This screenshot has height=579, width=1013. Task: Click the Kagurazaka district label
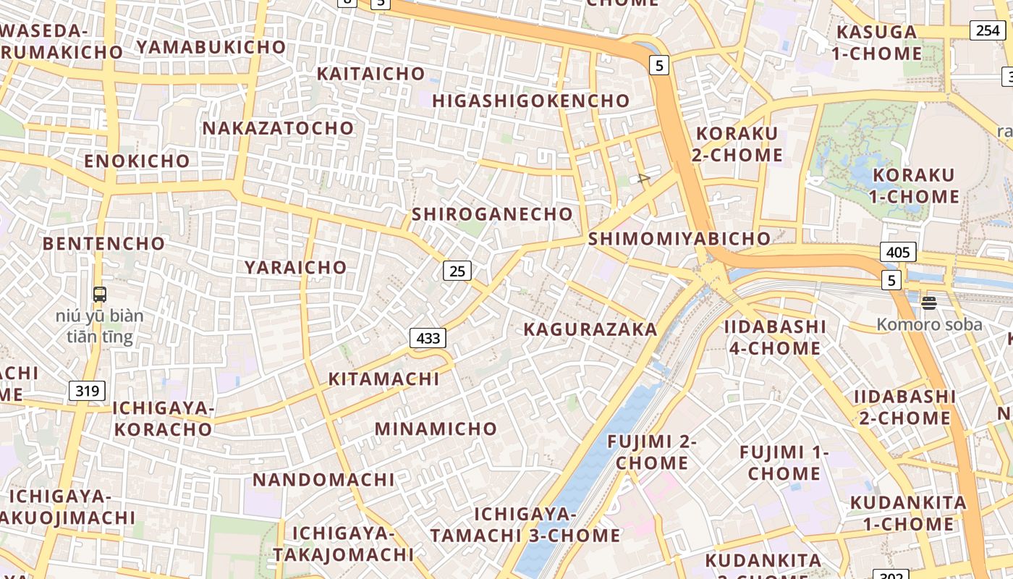pos(590,330)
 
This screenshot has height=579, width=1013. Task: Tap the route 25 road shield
pos(457,271)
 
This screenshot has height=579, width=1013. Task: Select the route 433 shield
pos(428,338)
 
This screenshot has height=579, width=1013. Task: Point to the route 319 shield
pos(87,392)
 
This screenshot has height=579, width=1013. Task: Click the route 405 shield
pos(898,253)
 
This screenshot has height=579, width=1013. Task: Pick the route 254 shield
pos(988,30)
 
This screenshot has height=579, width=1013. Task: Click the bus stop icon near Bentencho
pos(100,295)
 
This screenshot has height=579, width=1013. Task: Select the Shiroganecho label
pos(492,214)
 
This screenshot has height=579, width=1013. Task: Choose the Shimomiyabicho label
pos(679,239)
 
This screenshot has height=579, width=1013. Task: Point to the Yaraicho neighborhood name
pos(295,267)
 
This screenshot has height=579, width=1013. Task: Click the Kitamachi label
pos(383,379)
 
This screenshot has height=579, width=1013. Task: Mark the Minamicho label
pos(436,428)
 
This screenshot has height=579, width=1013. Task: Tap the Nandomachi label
pos(323,479)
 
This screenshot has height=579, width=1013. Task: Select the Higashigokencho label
pos(530,101)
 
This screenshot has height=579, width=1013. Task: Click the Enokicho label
pos(137,161)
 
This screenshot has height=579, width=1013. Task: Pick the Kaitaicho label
pos(370,74)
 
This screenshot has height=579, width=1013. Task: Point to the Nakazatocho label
pos(278,129)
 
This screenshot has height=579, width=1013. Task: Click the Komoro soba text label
pos(929,324)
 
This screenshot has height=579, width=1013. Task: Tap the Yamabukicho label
pos(211,47)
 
